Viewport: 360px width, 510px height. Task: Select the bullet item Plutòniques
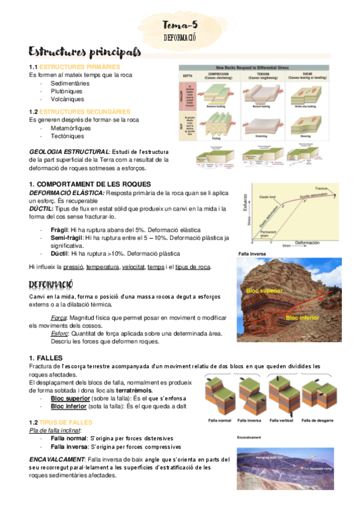tap(67, 91)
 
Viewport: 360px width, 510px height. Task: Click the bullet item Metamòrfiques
tap(71, 128)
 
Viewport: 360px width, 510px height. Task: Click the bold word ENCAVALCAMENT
tap(56, 459)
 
